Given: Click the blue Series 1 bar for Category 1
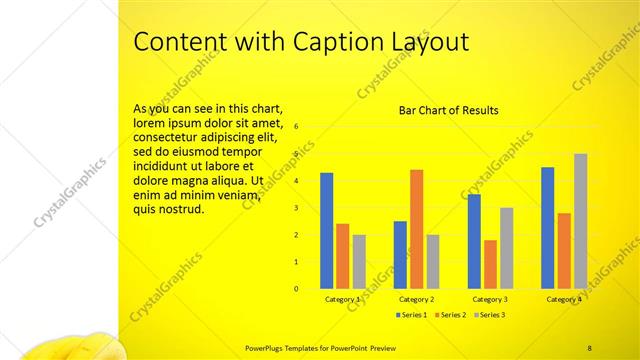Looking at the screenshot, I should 326,231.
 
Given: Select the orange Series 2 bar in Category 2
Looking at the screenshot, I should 416,229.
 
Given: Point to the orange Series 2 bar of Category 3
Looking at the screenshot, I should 490,264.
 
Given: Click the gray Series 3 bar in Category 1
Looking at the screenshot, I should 359,261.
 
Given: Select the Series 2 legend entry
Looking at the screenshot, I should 451,315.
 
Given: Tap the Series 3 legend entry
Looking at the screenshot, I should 490,315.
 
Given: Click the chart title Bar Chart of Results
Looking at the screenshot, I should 448,110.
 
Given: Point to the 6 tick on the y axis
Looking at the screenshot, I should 296,127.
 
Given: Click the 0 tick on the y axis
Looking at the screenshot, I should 296,289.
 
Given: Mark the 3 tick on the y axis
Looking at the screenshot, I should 296,208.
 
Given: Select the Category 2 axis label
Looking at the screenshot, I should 416,299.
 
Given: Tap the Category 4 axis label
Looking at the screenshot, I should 563,299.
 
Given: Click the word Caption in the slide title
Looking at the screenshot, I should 327,42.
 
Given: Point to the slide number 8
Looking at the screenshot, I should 589,346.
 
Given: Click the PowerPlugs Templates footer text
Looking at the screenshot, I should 301,346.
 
